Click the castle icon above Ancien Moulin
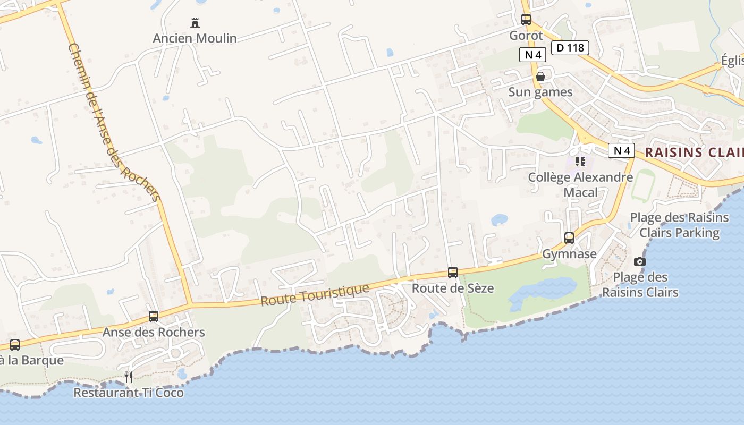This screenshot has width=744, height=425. (x=195, y=22)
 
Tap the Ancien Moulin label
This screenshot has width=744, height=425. (x=195, y=38)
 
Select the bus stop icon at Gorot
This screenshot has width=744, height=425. (x=526, y=20)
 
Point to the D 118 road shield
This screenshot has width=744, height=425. (x=570, y=48)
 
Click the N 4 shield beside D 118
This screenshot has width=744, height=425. (x=532, y=54)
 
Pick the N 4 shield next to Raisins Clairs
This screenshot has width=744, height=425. (x=621, y=150)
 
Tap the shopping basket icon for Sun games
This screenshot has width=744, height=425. (x=540, y=76)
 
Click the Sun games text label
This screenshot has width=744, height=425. (x=540, y=92)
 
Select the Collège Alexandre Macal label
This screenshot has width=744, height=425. (x=580, y=184)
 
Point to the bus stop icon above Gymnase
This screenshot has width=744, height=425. (x=569, y=237)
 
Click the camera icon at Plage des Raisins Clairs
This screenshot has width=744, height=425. (x=640, y=261)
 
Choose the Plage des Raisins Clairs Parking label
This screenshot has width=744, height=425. (x=679, y=225)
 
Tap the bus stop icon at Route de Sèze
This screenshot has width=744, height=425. (x=453, y=273)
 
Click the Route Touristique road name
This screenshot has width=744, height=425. (x=315, y=294)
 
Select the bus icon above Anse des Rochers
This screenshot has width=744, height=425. (x=154, y=317)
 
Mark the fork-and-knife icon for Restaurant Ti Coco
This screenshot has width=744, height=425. (x=129, y=377)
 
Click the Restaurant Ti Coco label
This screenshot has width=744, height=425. (x=129, y=393)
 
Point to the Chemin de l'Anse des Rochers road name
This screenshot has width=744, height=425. (x=114, y=122)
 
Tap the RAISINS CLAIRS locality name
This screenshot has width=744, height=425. (x=694, y=152)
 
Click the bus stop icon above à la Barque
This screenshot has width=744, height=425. (x=15, y=344)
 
